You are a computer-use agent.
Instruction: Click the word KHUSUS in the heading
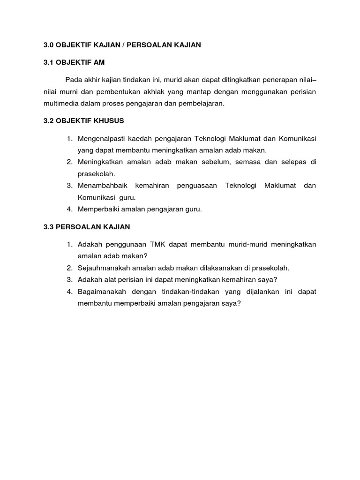point(107,121)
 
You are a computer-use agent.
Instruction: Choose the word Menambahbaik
point(100,186)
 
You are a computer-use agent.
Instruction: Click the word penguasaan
point(197,186)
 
